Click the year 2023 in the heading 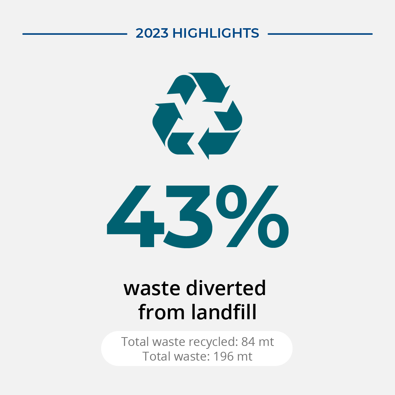click(x=152, y=33)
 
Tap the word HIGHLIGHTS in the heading click(x=216, y=33)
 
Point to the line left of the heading click(x=75, y=34)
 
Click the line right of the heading click(x=320, y=34)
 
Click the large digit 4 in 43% click(x=135, y=216)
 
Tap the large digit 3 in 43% click(x=188, y=217)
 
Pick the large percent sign click(x=253, y=216)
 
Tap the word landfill click(x=224, y=312)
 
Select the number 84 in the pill click(x=248, y=342)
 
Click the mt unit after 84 click(x=266, y=342)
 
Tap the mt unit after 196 click(x=244, y=357)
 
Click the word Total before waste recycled click(x=135, y=342)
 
